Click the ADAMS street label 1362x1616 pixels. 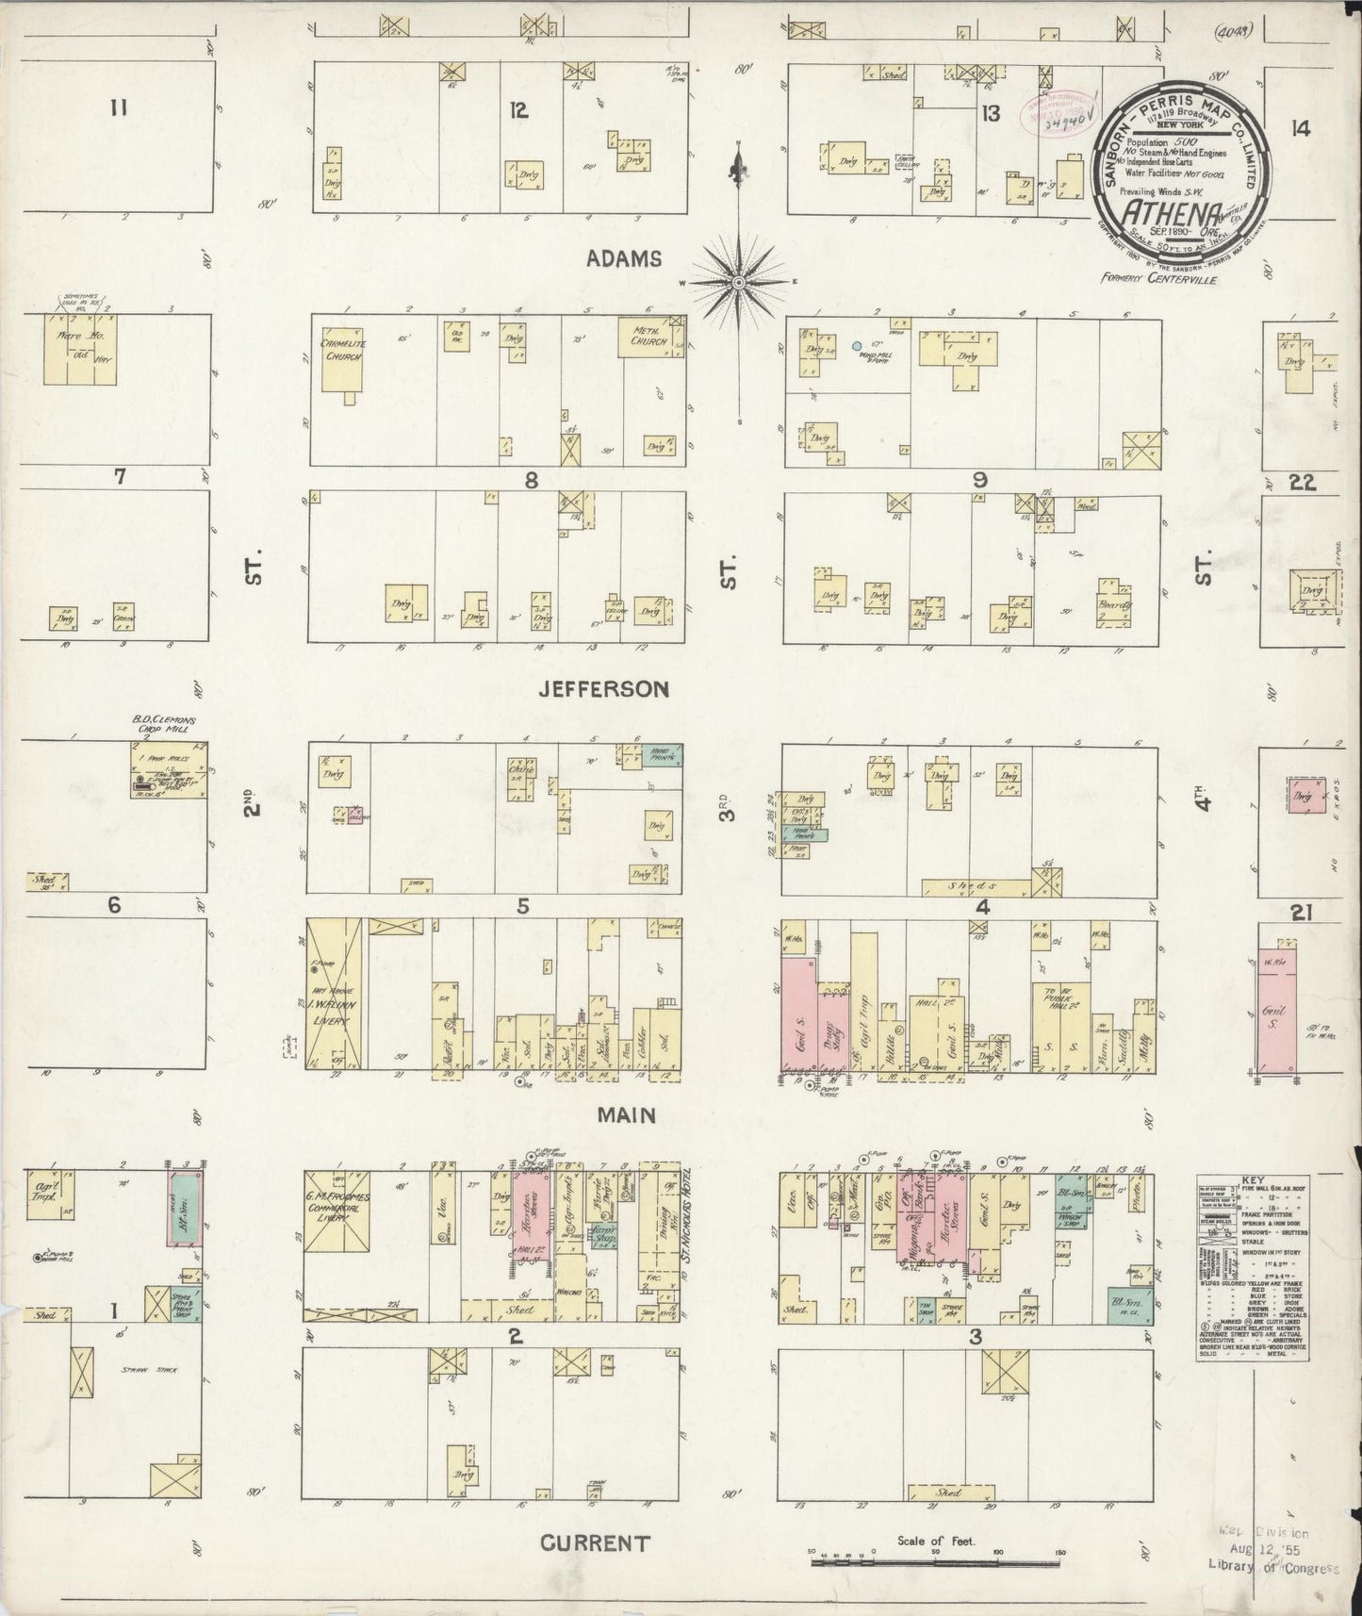[x=624, y=259]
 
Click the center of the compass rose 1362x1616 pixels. [x=739, y=282]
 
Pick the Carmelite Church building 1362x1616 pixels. [x=343, y=357]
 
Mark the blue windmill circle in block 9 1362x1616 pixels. [x=857, y=347]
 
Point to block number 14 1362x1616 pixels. [x=1301, y=129]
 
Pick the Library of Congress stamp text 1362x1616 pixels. [x=1275, y=1567]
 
